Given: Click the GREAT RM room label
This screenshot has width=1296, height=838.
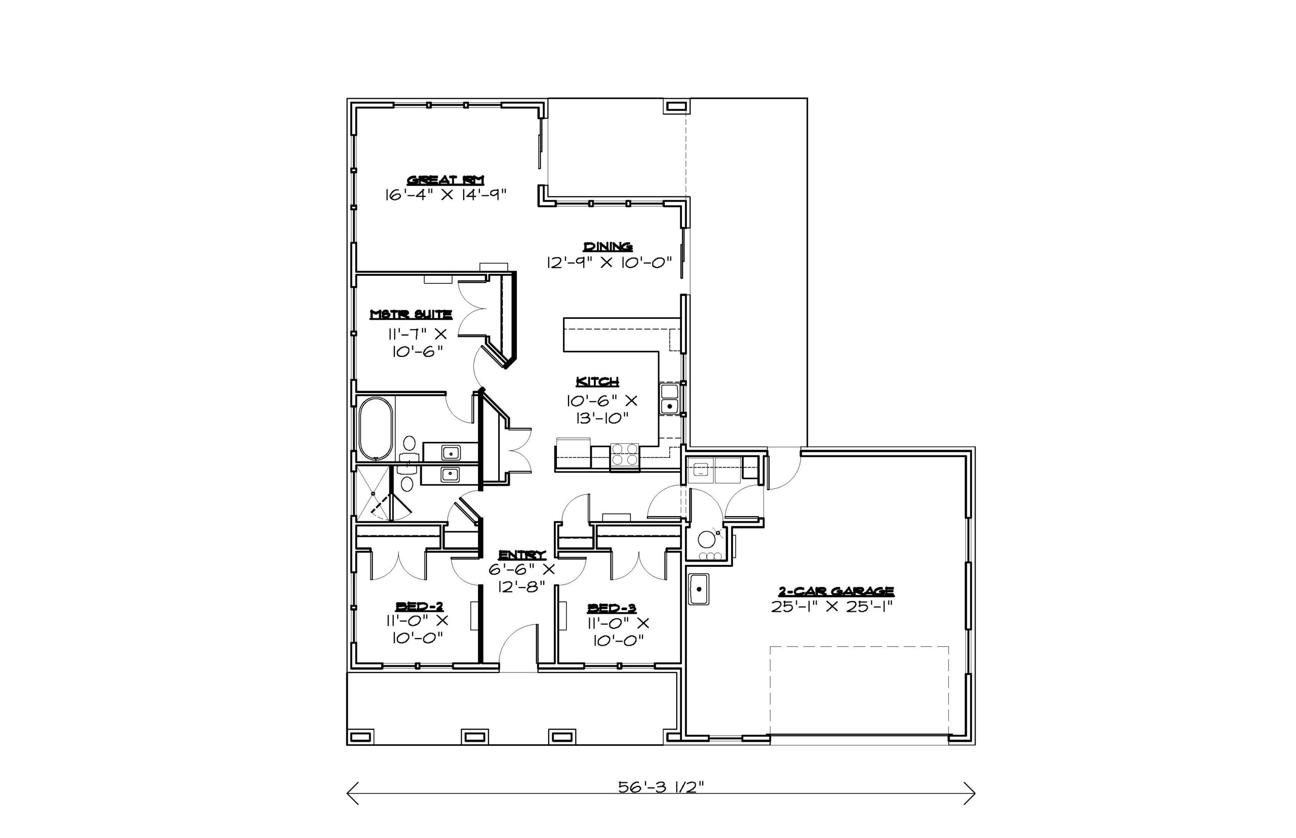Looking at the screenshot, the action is tap(445, 180).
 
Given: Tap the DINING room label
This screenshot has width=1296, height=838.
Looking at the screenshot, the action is tap(608, 247).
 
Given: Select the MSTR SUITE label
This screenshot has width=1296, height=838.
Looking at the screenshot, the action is tap(411, 315).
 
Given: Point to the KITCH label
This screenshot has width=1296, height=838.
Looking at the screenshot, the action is tap(597, 382).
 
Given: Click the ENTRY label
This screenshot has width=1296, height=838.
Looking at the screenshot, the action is tap(522, 555).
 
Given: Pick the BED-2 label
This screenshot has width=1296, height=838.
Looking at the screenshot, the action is tap(419, 606).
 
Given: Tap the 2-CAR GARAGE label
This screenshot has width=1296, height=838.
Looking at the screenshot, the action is tap(836, 591).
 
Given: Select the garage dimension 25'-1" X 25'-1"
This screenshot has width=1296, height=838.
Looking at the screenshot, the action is tap(832, 607).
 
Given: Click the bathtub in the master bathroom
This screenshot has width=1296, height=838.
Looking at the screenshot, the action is tap(375, 429).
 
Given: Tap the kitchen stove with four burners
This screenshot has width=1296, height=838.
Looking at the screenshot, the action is tap(624, 455).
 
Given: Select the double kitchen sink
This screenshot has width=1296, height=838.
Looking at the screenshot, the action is tap(669, 399).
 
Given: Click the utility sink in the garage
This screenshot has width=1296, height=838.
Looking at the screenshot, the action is tap(698, 590).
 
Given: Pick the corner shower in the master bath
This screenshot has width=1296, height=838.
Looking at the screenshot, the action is tap(374, 493).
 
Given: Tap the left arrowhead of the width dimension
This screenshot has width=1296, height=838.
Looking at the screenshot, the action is tap(353, 793).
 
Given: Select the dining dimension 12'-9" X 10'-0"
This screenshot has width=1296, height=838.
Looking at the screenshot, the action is tap(610, 263).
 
